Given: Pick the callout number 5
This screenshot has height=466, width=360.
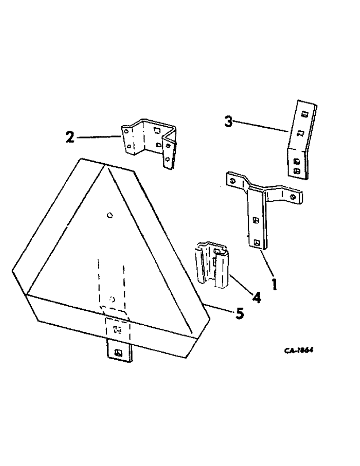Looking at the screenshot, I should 239,314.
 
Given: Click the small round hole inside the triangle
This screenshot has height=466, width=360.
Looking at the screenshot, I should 109,215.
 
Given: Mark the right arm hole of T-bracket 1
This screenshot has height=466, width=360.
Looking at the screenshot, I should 292,197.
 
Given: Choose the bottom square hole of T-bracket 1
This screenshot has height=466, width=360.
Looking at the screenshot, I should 257,241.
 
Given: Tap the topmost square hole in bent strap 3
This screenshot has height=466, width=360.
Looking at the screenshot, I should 304,114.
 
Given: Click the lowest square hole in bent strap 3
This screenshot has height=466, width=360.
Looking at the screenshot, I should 297,171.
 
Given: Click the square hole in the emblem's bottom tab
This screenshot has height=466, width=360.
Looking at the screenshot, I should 118,352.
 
